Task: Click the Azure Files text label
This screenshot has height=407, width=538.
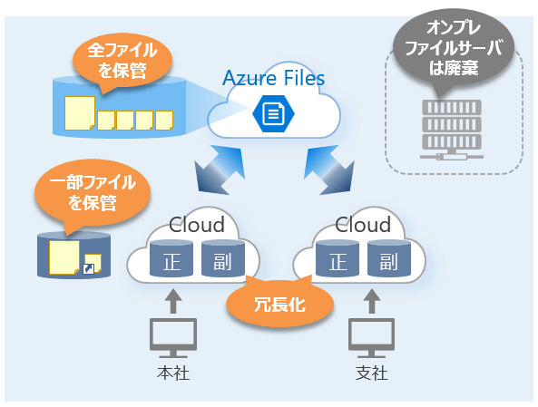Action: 273,78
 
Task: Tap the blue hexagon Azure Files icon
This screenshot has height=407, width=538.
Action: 273,113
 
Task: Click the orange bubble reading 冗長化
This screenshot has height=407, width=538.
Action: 279,304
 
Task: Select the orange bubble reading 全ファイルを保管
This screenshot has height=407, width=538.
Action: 122,61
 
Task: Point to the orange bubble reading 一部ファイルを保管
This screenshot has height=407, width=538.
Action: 93,193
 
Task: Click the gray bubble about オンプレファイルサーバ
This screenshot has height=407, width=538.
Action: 454,48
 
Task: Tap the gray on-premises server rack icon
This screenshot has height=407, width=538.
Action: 452,130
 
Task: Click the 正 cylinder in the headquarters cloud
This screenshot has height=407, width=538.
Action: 171,258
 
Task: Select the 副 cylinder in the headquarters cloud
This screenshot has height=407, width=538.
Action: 223,258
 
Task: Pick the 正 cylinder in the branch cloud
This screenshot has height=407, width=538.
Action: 337,258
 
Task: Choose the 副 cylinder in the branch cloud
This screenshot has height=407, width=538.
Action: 389,258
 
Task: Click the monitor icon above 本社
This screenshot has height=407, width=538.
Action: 173,338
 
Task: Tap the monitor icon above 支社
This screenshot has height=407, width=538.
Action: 372,338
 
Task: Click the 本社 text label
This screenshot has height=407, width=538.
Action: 173,373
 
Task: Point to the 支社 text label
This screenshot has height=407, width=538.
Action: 372,373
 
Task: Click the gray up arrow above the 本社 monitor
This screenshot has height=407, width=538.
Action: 173,301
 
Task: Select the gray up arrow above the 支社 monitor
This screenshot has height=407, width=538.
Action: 372,301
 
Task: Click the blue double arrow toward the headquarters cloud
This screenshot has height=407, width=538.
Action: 220,170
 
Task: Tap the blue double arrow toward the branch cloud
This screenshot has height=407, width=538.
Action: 328,170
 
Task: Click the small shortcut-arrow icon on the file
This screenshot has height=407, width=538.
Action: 89,269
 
